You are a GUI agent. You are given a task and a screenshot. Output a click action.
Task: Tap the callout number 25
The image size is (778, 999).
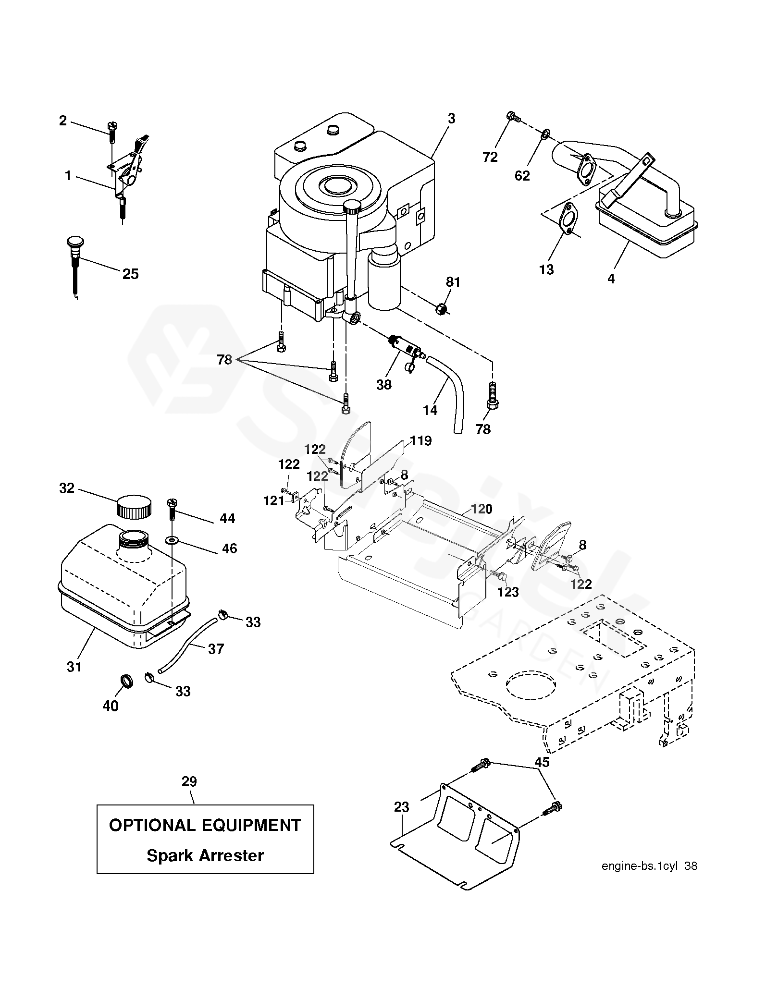coord(130,274)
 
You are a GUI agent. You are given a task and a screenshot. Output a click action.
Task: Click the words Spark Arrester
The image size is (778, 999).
coord(205,855)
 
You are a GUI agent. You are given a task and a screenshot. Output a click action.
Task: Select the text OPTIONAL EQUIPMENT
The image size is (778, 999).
coord(205,825)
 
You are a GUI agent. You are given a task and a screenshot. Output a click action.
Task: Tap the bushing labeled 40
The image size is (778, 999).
coord(126,681)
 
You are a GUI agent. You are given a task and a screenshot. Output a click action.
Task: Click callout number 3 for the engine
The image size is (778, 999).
coord(451,119)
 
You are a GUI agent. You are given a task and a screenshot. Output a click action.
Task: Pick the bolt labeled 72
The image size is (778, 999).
coord(513,116)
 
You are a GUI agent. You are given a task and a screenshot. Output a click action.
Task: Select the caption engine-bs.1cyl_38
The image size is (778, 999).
coord(649,879)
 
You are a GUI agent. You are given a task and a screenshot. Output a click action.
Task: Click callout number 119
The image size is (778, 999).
coord(420,441)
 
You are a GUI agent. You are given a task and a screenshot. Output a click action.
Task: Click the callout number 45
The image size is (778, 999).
coord(542,762)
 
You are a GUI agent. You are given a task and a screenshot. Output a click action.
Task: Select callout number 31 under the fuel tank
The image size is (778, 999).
coord(74,667)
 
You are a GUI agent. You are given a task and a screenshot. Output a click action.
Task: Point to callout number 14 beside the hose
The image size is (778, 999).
coord(430,410)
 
